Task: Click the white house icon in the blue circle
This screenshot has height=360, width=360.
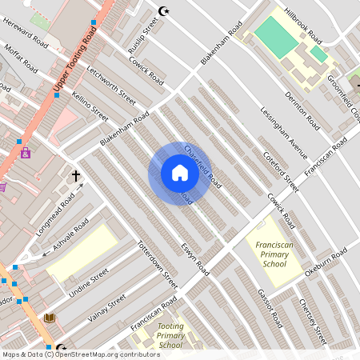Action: [x=179, y=173]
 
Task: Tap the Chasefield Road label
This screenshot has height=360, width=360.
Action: [x=202, y=165]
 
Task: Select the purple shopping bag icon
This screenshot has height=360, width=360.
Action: [x=26, y=153]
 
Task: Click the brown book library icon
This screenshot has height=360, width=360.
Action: [x=50, y=318]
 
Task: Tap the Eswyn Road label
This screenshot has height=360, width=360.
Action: [x=194, y=259]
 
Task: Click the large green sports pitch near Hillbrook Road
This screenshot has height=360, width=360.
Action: [x=275, y=37]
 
